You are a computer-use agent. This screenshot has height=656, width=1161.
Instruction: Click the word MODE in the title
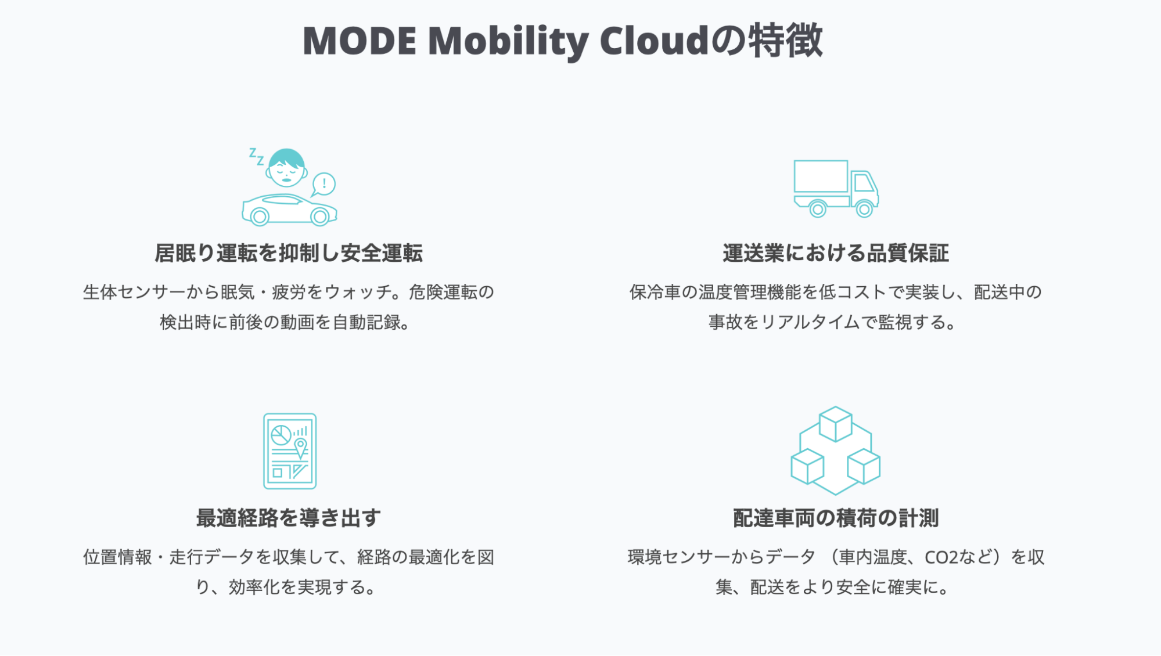click(360, 41)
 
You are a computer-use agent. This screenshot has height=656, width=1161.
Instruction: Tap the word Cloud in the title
click(655, 41)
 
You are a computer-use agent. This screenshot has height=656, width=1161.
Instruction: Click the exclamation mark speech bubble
click(324, 185)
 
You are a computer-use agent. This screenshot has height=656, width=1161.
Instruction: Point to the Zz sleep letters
click(257, 156)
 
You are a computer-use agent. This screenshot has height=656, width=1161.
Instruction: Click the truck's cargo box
click(821, 176)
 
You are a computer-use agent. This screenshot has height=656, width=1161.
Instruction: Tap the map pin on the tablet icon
click(300, 448)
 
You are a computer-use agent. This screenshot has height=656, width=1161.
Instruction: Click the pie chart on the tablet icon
click(281, 435)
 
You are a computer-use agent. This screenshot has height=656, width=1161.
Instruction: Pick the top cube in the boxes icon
click(835, 424)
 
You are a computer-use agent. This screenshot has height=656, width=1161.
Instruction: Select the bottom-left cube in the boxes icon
click(807, 467)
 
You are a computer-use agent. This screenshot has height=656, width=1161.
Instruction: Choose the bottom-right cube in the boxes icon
click(864, 467)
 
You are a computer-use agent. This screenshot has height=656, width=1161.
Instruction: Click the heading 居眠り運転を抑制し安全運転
click(289, 253)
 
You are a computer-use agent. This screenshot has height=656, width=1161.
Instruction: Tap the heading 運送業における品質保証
click(836, 253)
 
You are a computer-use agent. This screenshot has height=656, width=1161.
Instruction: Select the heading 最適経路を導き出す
click(289, 518)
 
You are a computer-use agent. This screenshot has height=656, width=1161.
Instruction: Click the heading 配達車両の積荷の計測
click(836, 518)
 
